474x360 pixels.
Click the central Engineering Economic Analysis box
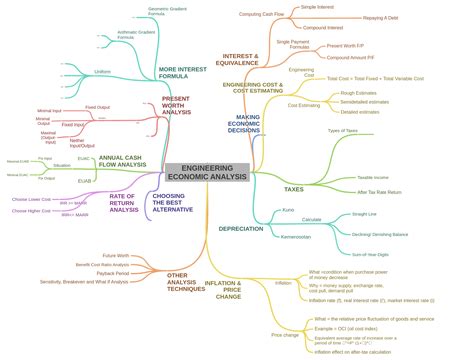(207, 173)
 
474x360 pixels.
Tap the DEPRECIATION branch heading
(241, 229)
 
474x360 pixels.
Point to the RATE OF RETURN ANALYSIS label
(123, 203)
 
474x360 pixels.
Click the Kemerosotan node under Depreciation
(296, 237)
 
